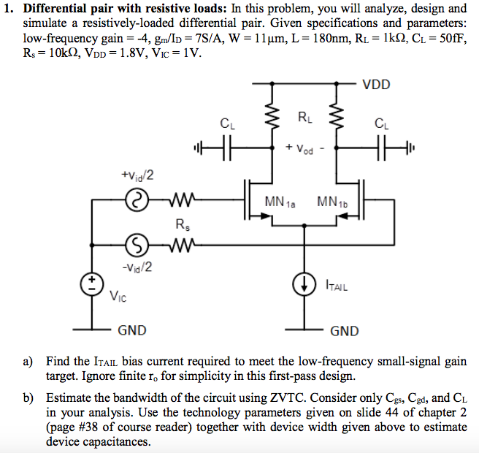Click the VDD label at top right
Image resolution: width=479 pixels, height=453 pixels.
[x=377, y=84]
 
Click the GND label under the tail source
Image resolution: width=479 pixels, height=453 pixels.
[x=345, y=331]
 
